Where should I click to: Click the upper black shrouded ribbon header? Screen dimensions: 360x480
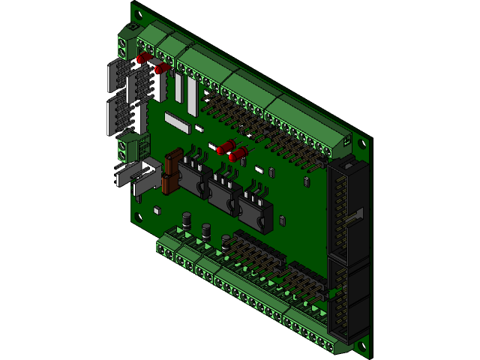(346, 202)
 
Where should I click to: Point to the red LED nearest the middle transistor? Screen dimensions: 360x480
(238, 155)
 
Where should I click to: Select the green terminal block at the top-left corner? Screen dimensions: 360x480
(129, 44)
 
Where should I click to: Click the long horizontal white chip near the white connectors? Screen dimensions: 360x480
(178, 121)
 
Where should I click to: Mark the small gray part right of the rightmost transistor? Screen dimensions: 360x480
(282, 220)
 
